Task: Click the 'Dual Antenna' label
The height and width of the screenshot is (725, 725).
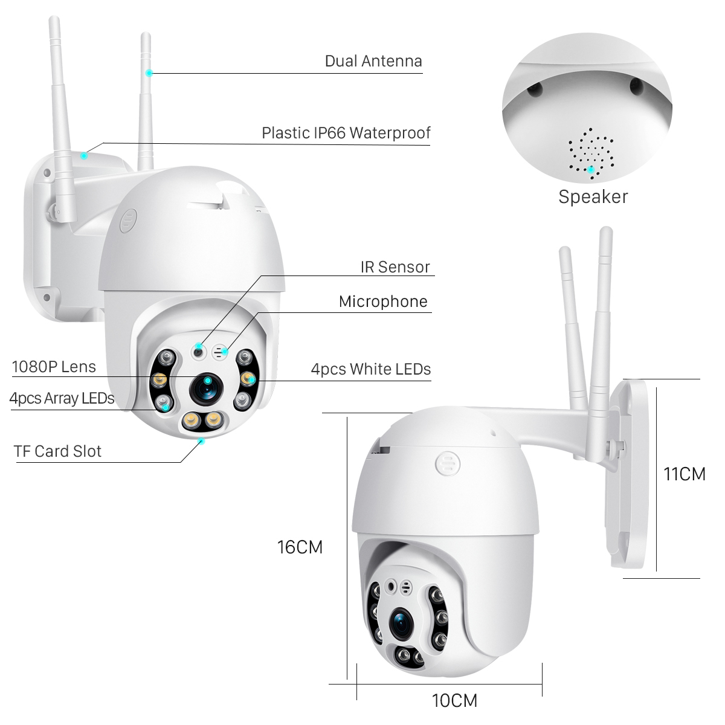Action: tap(373, 61)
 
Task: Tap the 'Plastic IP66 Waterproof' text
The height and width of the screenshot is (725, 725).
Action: tap(346, 133)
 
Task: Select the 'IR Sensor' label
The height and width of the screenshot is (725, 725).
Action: tap(395, 267)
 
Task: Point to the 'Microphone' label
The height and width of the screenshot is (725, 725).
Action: tap(383, 301)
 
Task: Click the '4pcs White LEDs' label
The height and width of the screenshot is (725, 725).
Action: tap(370, 369)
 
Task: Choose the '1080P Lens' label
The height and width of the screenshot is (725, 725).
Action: tap(54, 366)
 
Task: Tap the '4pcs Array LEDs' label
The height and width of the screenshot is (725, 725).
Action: tap(62, 398)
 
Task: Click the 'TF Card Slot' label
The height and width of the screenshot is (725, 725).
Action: tap(58, 451)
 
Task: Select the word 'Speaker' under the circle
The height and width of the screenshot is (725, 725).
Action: tap(593, 196)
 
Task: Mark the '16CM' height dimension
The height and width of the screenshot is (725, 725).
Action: tap(300, 547)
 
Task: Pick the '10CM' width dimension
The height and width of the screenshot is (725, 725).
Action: tap(454, 700)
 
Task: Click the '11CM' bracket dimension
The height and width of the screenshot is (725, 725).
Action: tap(684, 474)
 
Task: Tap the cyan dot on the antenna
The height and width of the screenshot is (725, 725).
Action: tap(149, 73)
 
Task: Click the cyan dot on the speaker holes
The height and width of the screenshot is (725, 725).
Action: tap(591, 169)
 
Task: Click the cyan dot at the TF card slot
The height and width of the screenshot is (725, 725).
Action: tap(202, 441)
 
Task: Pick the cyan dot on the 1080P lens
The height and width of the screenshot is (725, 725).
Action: tap(207, 381)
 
